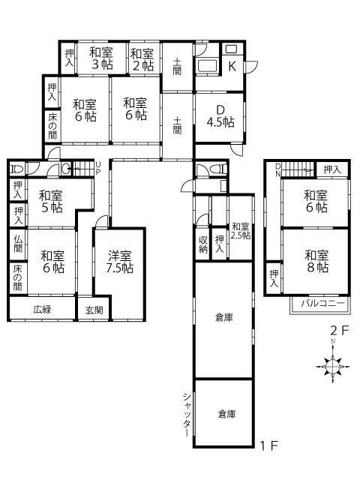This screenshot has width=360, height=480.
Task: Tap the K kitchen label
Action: click(232, 66)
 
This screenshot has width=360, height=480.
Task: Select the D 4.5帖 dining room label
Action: click(220, 116)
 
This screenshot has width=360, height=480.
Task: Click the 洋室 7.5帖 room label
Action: click(120, 262)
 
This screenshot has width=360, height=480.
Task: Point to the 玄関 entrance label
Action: click(94, 310)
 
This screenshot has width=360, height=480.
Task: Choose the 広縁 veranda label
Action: click(42, 310)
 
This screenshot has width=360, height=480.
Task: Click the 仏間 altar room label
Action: click(18, 244)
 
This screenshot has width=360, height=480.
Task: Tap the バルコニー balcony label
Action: click(323, 303)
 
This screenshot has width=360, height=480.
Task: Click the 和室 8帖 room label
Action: click(316, 262)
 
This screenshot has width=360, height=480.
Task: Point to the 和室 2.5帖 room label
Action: click(241, 231)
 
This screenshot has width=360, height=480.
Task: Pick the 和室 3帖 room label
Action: click(101, 58)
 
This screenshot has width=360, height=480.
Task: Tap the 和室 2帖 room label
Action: click(142, 60)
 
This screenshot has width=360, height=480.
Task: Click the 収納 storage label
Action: click(203, 244)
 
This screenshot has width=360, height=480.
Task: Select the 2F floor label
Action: click(340, 330)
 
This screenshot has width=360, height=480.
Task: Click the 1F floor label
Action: click(269, 445)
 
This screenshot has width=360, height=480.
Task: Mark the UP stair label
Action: click(98, 169)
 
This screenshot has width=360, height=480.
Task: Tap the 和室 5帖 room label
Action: click(51, 202)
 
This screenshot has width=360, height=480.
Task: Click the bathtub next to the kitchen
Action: click(208, 66)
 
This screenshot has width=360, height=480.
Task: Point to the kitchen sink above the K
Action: click(232, 49)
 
